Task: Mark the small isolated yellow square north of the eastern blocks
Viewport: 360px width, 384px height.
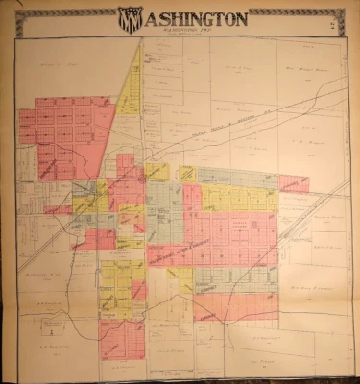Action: pos(186,173)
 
